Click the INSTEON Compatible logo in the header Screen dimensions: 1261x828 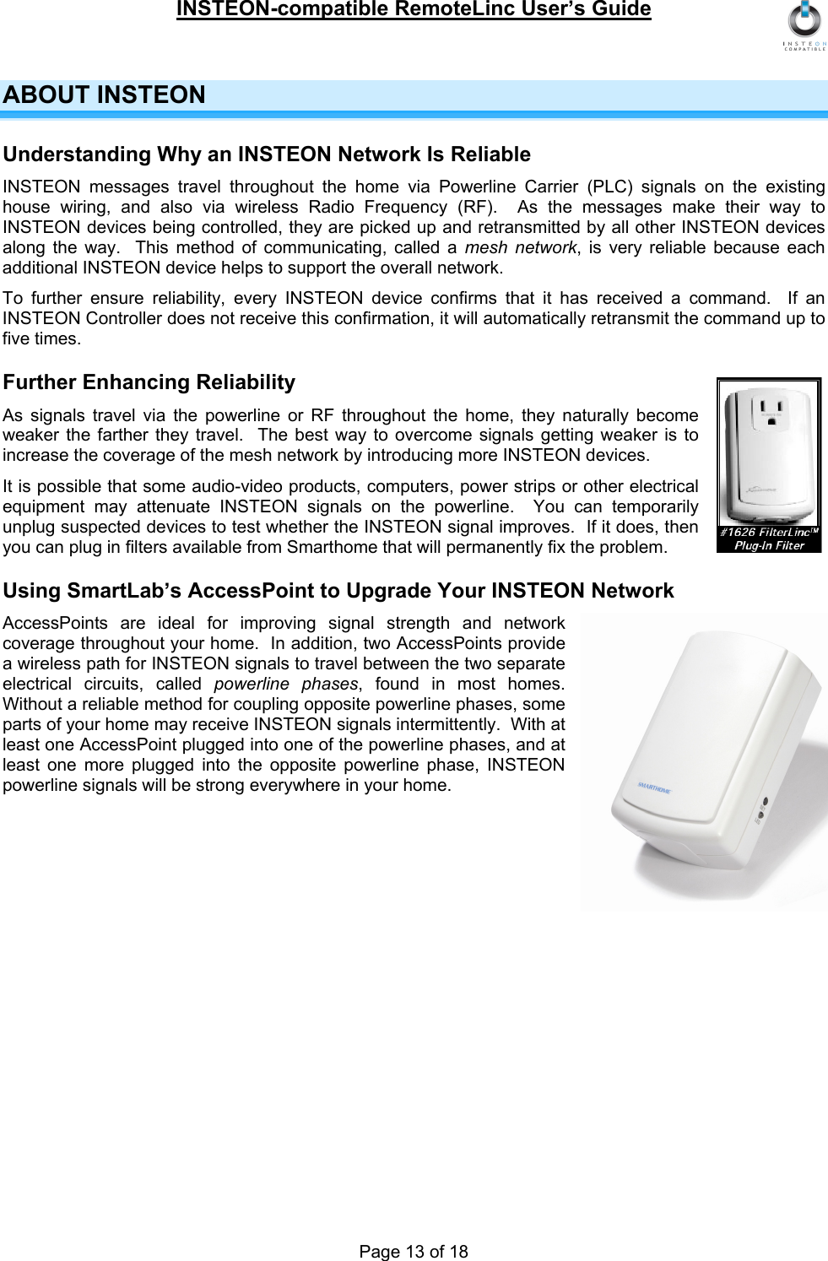point(804,25)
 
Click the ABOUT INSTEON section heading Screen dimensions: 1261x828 point(105,95)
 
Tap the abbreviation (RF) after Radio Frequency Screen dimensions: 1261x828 point(477,207)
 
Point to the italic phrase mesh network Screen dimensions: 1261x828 point(521,247)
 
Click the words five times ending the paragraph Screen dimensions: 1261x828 point(42,338)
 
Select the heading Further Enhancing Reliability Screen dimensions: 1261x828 point(149,382)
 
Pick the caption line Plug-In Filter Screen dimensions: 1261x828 point(769,545)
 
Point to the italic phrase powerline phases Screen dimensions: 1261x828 point(286,684)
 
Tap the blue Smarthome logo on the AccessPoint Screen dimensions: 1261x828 point(654,787)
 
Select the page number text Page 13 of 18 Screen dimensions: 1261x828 point(414,1252)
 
